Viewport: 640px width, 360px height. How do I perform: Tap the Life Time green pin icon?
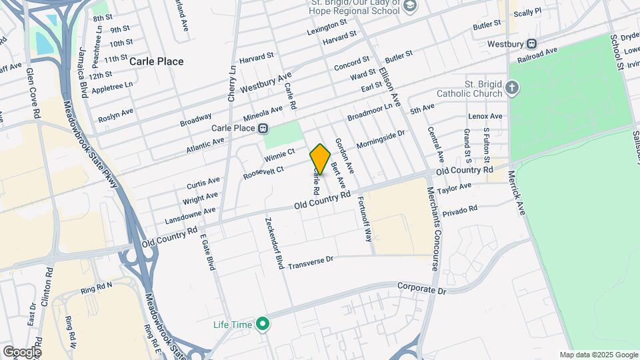pyautogui.click(x=263, y=325)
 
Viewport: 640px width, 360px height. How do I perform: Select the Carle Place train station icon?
pyautogui.click(x=264, y=128)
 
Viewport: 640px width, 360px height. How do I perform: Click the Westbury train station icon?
pyautogui.click(x=531, y=44)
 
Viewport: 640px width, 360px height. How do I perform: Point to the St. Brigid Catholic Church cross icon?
pyautogui.click(x=511, y=88)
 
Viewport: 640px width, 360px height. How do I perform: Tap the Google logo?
pyautogui.click(x=22, y=351)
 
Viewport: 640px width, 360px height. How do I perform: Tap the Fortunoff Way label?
pyautogui.click(x=365, y=218)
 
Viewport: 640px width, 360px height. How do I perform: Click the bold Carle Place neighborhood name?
pyautogui.click(x=156, y=61)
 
